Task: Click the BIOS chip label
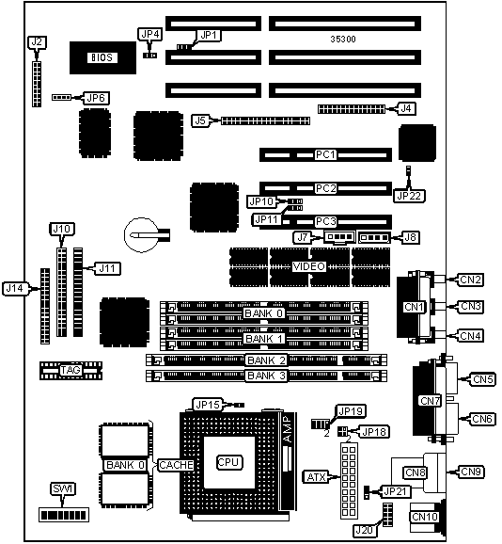point(102,57)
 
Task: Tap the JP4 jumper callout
point(150,34)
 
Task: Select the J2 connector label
point(37,42)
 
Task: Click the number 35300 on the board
point(343,40)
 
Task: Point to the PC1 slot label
point(325,154)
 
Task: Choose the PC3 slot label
point(325,221)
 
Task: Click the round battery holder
point(141,235)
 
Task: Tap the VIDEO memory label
point(309,266)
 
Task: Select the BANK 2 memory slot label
point(266,360)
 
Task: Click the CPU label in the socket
point(228,462)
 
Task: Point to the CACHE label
point(176,465)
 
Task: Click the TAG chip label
point(71,370)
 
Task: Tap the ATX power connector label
point(316,477)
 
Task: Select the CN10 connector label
point(425,517)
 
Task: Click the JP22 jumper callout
point(409,196)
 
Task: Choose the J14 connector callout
point(15,288)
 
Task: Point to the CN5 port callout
point(482,379)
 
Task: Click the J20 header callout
point(365,530)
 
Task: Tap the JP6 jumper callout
point(96,98)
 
